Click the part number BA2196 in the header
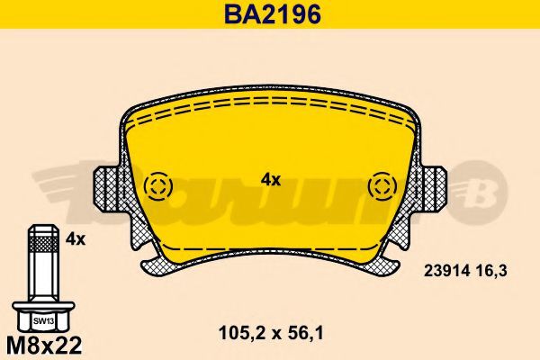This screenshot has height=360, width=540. pyautogui.click(x=273, y=14)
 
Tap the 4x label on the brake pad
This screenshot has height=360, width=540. pyautogui.click(x=271, y=179)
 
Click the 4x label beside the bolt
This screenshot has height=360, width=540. pyautogui.click(x=75, y=238)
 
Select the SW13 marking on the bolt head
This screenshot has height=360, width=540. pyautogui.click(x=43, y=321)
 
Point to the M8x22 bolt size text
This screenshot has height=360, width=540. pyautogui.click(x=44, y=345)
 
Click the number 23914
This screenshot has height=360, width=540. pyautogui.click(x=446, y=271)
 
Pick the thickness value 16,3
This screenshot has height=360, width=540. pyautogui.click(x=491, y=271)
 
